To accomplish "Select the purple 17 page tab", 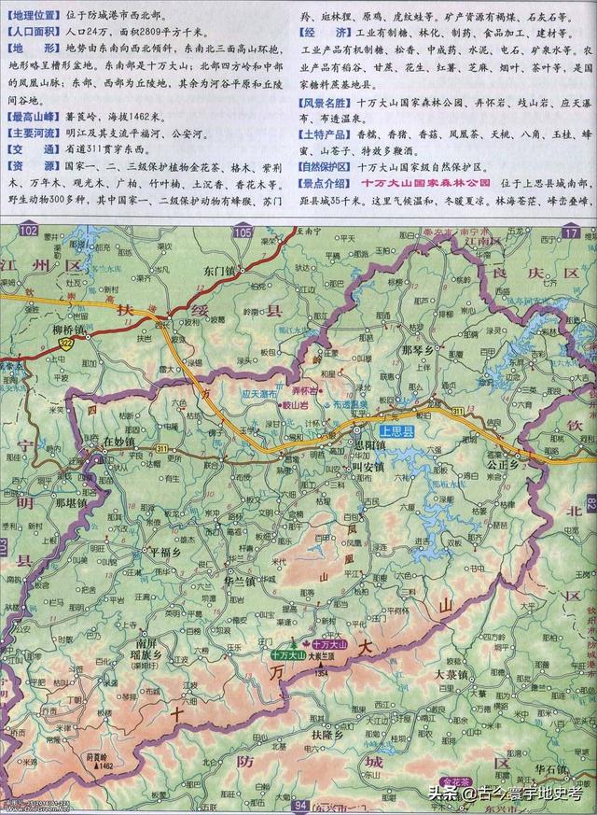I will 571,231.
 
